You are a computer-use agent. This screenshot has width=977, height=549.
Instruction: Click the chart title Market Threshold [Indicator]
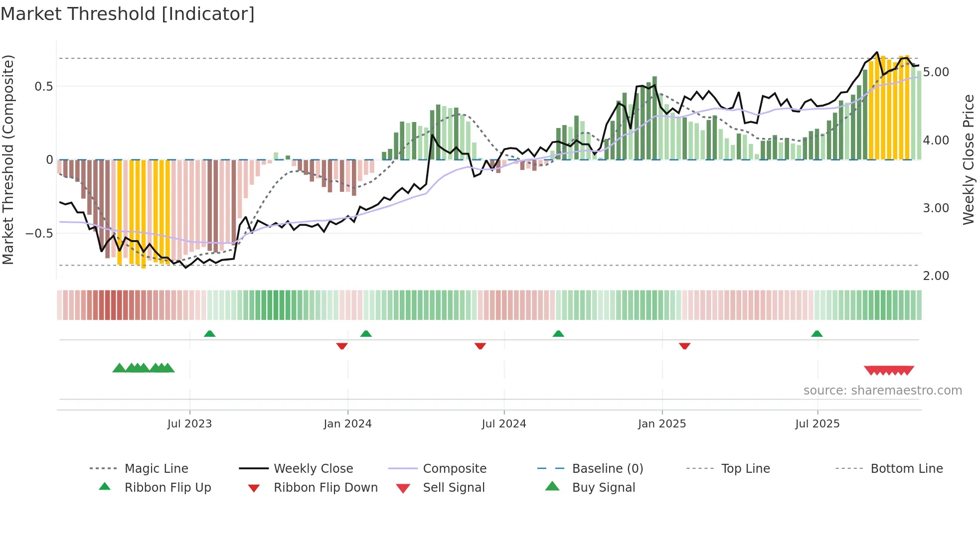128,14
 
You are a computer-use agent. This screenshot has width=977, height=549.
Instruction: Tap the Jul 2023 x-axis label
189,424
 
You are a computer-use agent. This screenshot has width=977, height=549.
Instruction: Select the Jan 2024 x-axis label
347,424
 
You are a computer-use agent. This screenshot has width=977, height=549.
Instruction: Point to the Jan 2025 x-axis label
662,424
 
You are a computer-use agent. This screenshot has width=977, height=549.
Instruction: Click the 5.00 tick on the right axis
936,72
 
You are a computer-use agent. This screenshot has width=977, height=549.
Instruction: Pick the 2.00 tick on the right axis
936,276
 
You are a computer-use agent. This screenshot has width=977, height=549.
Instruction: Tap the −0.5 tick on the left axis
39,234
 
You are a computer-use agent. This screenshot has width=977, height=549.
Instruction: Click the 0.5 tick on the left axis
43,87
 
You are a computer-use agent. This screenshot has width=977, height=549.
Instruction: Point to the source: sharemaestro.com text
882,391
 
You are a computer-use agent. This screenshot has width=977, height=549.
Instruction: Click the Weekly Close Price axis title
968,159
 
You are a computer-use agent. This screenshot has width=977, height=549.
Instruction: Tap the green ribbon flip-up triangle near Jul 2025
816,334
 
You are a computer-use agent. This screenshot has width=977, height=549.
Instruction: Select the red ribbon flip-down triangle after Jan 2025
684,346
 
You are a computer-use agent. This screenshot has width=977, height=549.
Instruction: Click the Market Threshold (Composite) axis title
8,159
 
